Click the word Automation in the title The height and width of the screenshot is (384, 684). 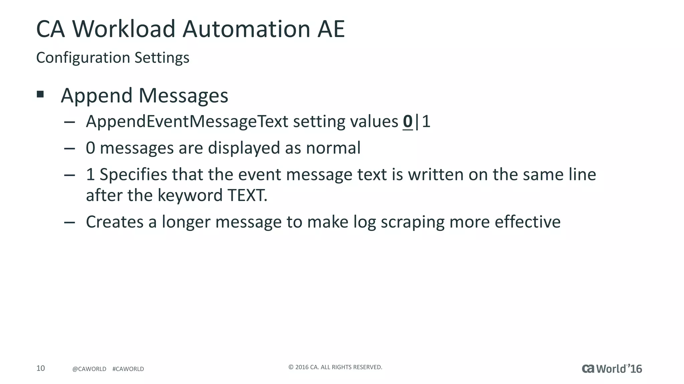pos(246,29)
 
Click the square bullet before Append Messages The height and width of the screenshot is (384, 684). pos(40,94)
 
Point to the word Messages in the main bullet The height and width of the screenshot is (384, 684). pos(183,96)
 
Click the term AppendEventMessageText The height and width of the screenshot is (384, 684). pos(187,121)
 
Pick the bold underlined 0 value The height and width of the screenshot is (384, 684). pos(407,121)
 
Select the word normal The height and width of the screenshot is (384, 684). pos(333,148)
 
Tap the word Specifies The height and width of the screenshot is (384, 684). pos(133,175)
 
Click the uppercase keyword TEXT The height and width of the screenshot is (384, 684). pos(246,195)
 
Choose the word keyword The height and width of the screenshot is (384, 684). pos(190,195)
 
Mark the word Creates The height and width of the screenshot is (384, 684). pos(115,222)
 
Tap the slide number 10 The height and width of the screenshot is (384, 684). pos(40,368)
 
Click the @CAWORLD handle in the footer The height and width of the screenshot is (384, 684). pos(89,369)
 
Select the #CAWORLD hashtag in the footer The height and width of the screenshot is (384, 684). pos(128,369)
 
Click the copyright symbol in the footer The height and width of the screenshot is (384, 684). pos(291,367)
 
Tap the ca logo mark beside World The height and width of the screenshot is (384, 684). pos(588,369)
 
